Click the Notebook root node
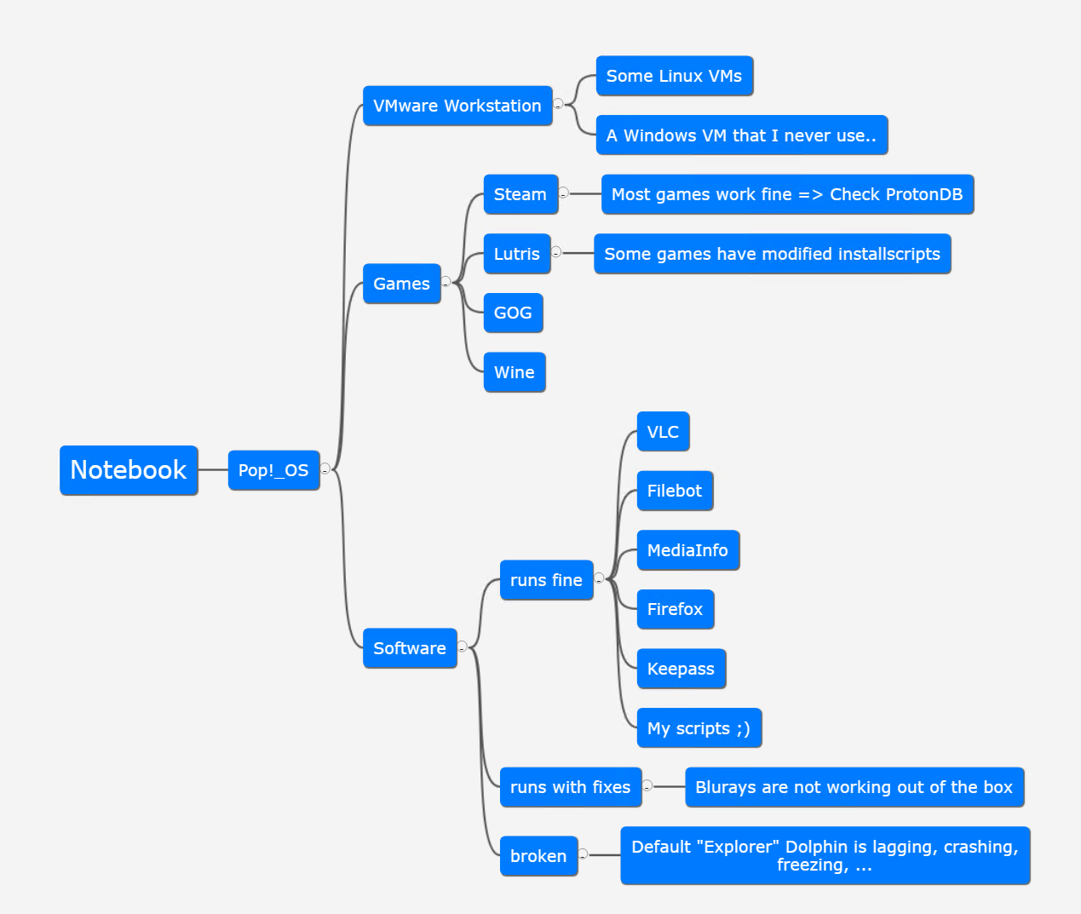tap(129, 470)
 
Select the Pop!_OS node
tap(273, 470)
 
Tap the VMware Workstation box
tap(457, 106)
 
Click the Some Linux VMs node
tap(674, 76)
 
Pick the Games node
tap(401, 284)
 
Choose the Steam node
tap(520, 194)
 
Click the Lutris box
tap(516, 254)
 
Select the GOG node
tap(513, 313)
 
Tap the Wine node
tap(515, 372)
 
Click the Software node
tap(410, 648)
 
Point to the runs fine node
tap(546, 580)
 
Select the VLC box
tap(663, 432)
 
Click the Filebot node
tap(675, 491)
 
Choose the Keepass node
tap(681, 669)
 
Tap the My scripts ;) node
tap(699, 728)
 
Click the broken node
tap(538, 856)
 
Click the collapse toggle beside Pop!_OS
tap(325, 469)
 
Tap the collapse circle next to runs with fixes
tap(647, 785)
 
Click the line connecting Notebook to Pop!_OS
tap(213, 470)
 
